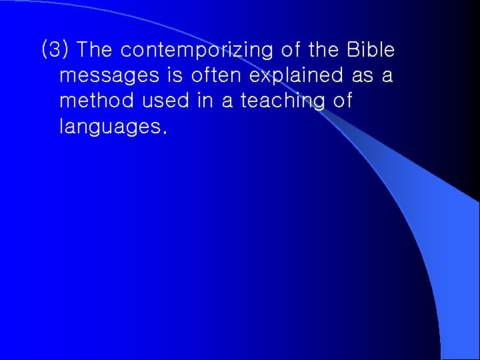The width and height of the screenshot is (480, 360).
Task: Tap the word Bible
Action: pyautogui.click(x=371, y=50)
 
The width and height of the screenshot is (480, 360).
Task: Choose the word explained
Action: pyautogui.click(x=299, y=76)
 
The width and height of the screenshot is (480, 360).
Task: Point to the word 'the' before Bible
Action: pyautogui.click(x=324, y=50)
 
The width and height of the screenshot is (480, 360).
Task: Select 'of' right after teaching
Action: pyautogui.click(x=341, y=101)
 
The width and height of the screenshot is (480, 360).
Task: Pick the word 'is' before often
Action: pyautogui.click(x=175, y=75)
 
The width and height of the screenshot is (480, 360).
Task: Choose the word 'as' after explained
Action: pyautogui.click(x=363, y=76)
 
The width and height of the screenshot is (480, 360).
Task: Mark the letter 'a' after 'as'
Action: pyautogui.click(x=387, y=76)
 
